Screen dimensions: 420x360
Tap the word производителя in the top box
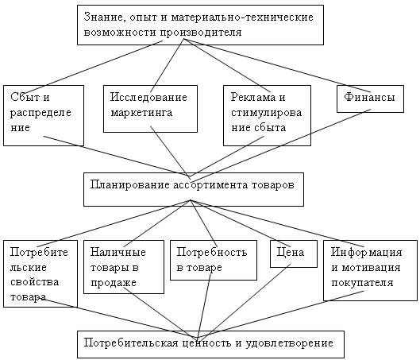[201, 33]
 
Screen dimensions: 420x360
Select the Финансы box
[370, 99]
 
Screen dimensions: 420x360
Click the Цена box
[294, 254]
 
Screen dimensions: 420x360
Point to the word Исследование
[148, 97]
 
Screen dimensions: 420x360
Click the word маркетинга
[141, 112]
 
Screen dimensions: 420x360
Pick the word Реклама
[253, 97]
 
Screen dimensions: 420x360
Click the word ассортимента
[210, 185]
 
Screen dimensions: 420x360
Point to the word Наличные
[118, 252]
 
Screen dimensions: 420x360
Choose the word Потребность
[212, 252]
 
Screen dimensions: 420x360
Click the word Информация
[367, 252]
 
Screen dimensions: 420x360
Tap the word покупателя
[362, 283]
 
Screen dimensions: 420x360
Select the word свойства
[35, 282]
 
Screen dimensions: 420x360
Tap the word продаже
[114, 283]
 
